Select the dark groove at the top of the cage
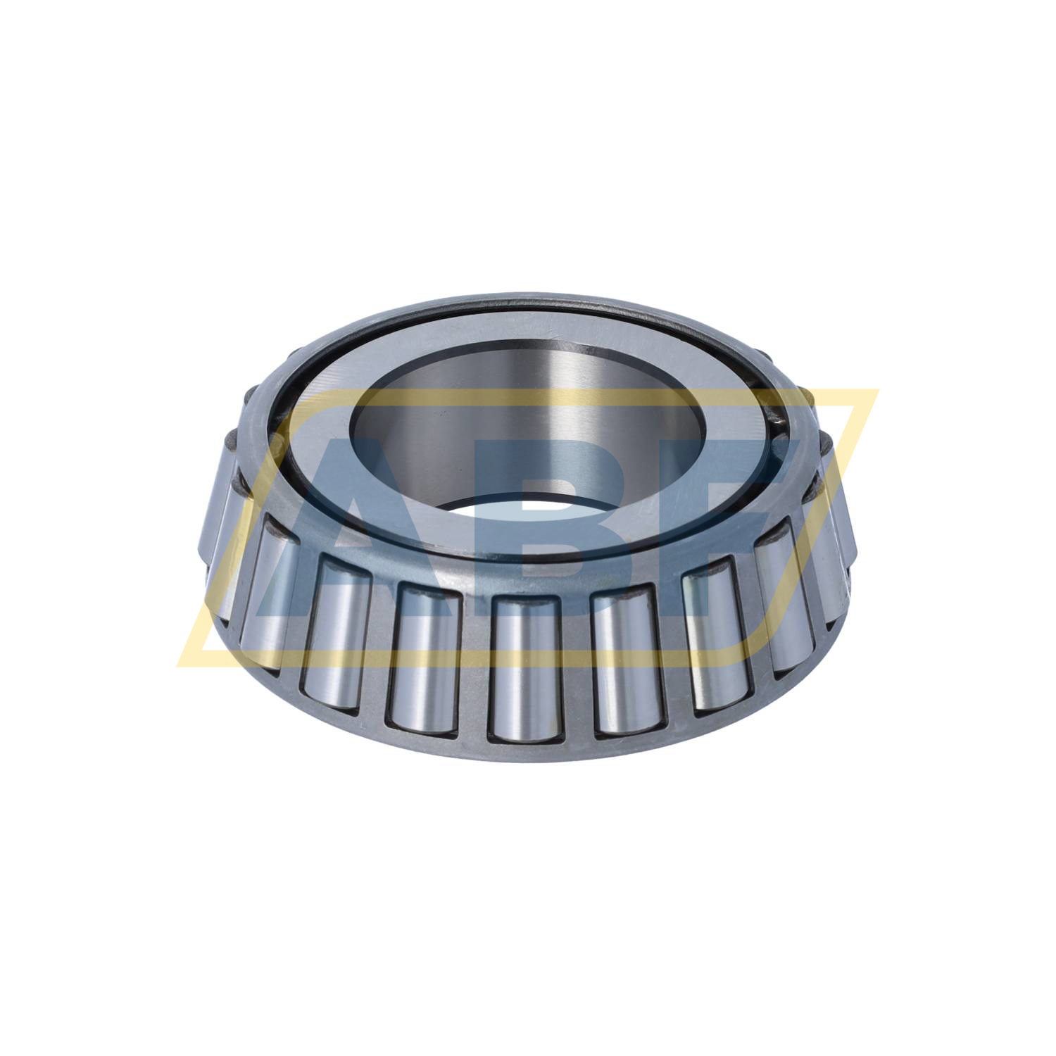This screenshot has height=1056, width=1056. pos(528,310)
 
